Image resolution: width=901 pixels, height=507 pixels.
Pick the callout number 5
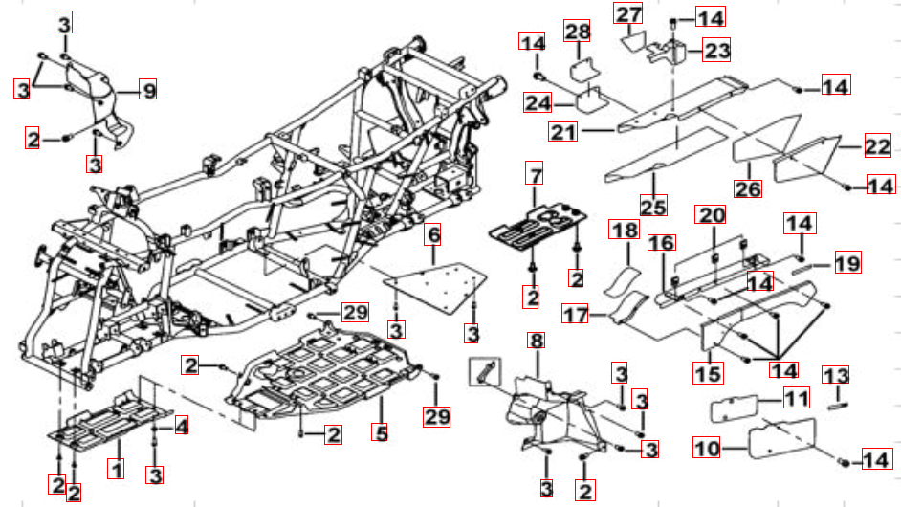[380, 432]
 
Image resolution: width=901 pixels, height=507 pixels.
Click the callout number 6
[433, 234]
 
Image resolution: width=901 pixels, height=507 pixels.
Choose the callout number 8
[536, 342]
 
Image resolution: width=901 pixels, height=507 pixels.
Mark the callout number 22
[877, 147]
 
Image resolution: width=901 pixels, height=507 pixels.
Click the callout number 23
[716, 50]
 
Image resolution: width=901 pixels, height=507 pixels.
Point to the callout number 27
[627, 14]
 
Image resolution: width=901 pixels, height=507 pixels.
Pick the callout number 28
[577, 32]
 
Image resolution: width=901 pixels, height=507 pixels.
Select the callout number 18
[625, 231]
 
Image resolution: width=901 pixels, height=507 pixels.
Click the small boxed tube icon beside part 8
[485, 370]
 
